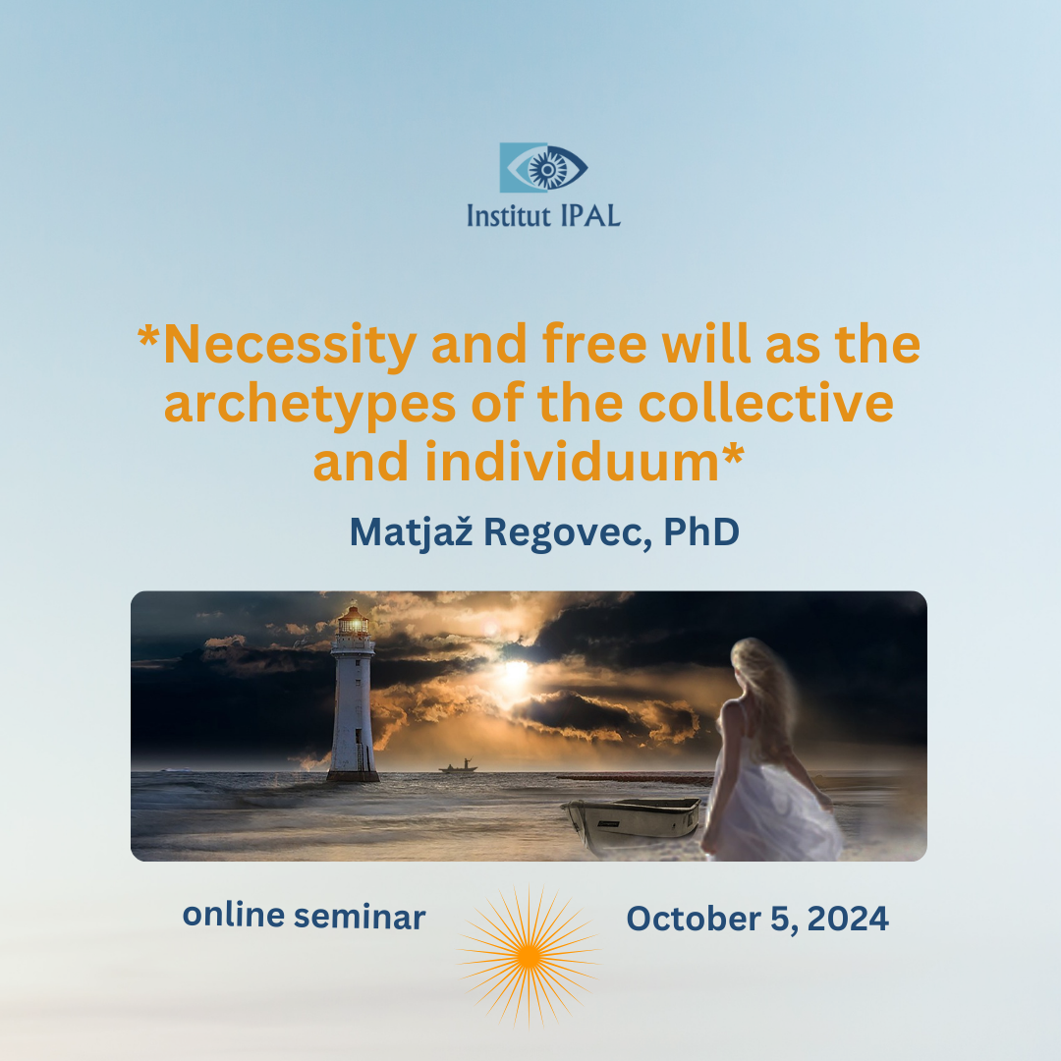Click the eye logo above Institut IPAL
[x=543, y=168]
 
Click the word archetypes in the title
[x=309, y=405]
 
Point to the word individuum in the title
[x=572, y=463]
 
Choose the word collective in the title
[x=766, y=404]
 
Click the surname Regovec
[x=568, y=533]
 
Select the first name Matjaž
[x=411, y=533]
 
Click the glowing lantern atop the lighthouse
[x=354, y=621]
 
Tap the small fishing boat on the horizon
[x=458, y=766]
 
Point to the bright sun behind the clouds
[x=514, y=672]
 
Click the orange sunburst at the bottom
[x=530, y=955]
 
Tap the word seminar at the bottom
[x=360, y=917]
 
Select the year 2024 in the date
[x=848, y=919]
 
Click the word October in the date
[x=694, y=919]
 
